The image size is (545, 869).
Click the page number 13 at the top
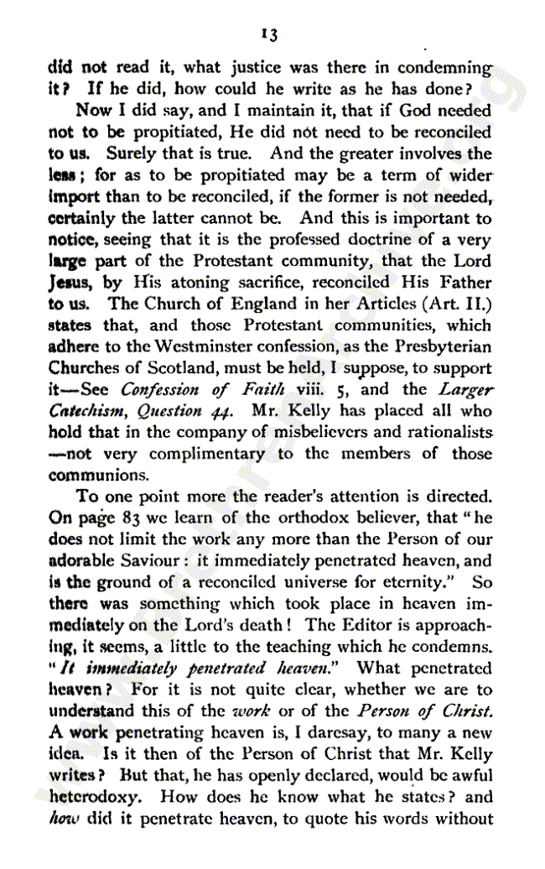tap(269, 34)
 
